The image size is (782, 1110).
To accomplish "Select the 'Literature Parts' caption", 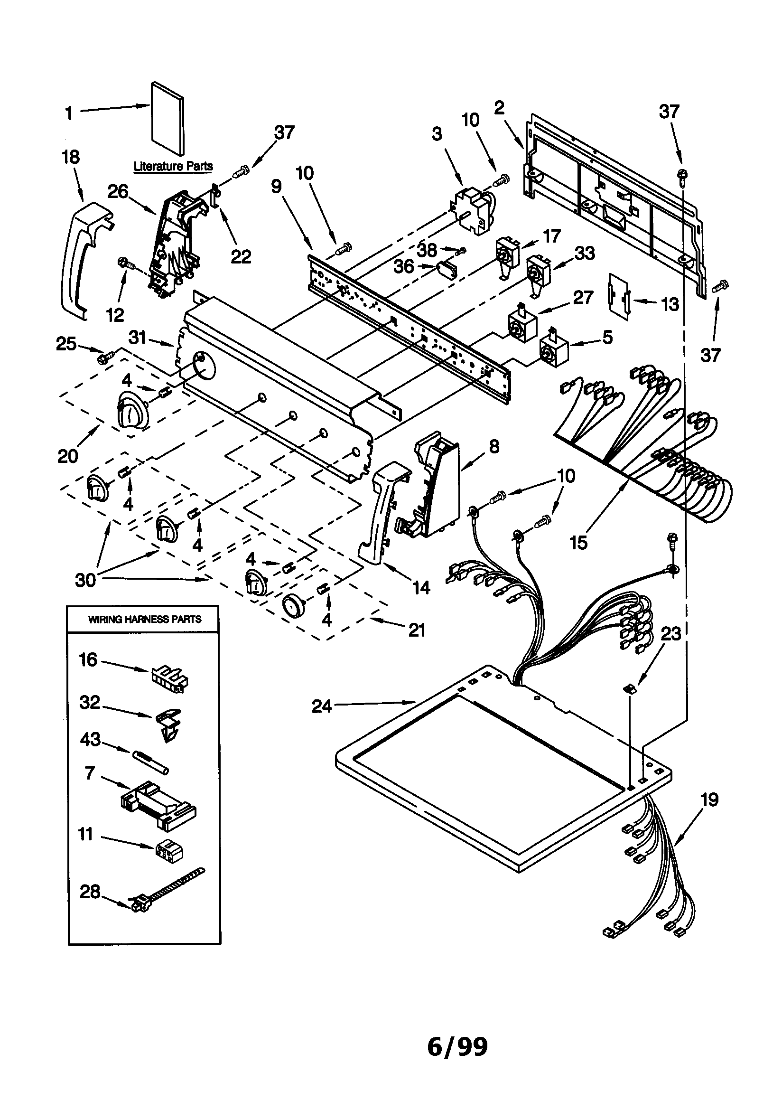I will tap(173, 166).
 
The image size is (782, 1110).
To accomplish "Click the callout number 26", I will tap(118, 192).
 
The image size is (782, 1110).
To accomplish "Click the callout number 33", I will tap(585, 253).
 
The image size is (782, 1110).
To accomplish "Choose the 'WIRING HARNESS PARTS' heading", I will tap(145, 619).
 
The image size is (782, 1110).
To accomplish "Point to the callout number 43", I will tap(90, 739).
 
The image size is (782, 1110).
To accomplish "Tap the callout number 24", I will tap(322, 706).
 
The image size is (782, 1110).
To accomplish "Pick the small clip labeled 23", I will tap(629, 689).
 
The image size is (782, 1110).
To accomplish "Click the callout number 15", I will tap(578, 543).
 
